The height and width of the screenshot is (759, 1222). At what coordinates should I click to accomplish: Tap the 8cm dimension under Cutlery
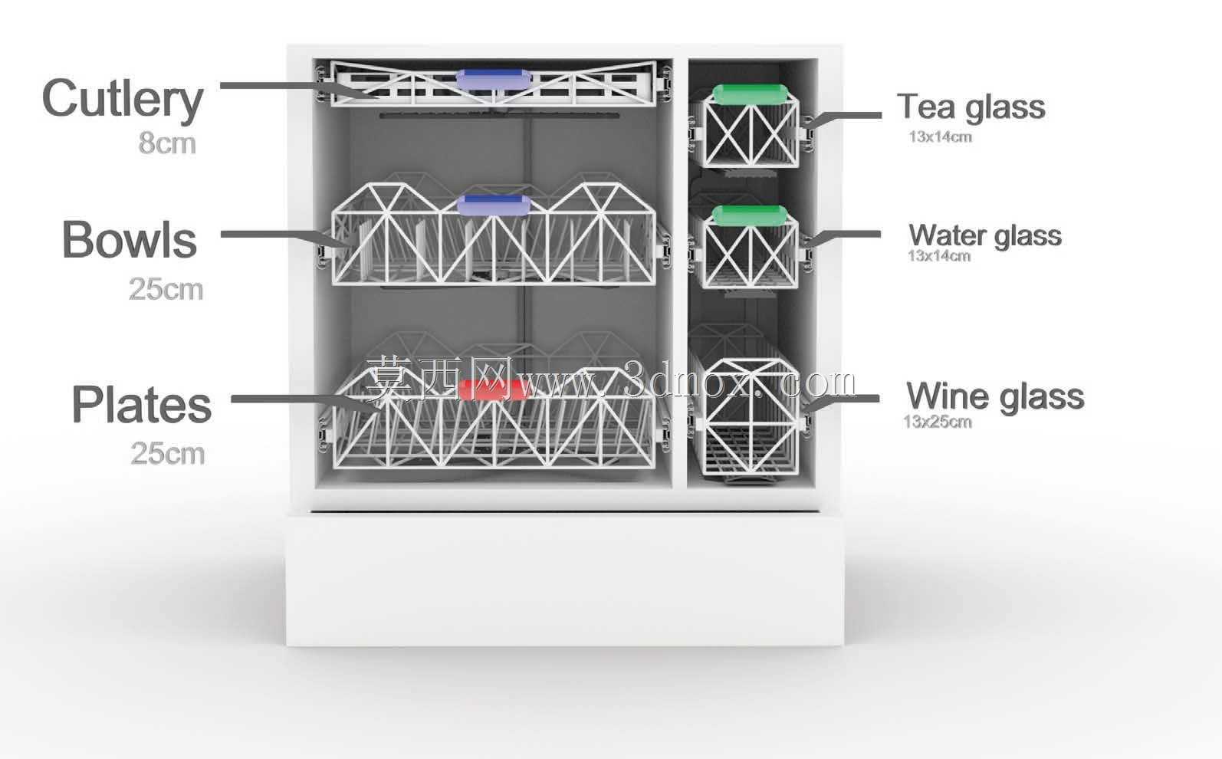[167, 143]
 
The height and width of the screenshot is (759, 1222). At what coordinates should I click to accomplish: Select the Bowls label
[130, 239]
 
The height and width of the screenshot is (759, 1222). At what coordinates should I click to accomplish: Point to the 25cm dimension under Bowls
[166, 289]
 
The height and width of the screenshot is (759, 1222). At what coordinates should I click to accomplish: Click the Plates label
[141, 404]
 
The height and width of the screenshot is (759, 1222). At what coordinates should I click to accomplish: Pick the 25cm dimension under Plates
[167, 453]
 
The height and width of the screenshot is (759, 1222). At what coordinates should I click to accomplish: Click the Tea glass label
[971, 107]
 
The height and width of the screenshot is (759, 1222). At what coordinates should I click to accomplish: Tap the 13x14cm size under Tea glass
[940, 137]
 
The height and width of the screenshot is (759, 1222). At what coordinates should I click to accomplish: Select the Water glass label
[985, 235]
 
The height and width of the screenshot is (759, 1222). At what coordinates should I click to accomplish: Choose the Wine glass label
[995, 396]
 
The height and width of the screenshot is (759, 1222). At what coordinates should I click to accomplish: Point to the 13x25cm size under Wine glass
[938, 422]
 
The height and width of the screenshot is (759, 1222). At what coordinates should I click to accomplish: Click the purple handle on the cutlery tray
[493, 80]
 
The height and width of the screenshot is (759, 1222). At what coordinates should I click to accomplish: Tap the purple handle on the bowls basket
[494, 205]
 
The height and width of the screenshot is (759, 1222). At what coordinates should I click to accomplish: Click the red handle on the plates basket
[488, 389]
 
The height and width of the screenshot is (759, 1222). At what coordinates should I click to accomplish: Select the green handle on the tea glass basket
[751, 94]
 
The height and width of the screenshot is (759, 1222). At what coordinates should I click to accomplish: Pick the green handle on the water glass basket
[751, 215]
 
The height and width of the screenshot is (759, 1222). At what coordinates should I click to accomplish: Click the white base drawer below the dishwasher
[565, 580]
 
